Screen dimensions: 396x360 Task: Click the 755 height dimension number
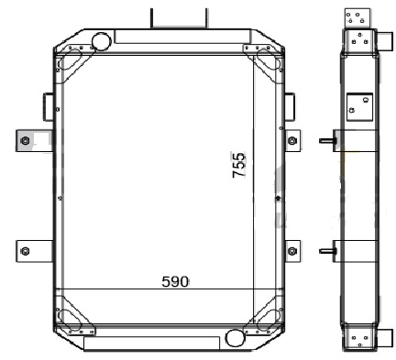238,165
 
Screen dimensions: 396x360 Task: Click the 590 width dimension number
175,282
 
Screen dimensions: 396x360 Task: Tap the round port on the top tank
101,41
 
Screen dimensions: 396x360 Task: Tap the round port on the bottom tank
235,338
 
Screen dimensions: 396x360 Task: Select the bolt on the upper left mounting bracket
26,141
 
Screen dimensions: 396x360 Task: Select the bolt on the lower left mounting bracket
25,252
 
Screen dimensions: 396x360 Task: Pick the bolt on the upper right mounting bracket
292,141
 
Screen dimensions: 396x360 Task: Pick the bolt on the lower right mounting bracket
292,251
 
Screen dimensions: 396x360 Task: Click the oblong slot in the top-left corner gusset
70,60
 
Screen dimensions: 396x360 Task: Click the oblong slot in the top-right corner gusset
269,60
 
